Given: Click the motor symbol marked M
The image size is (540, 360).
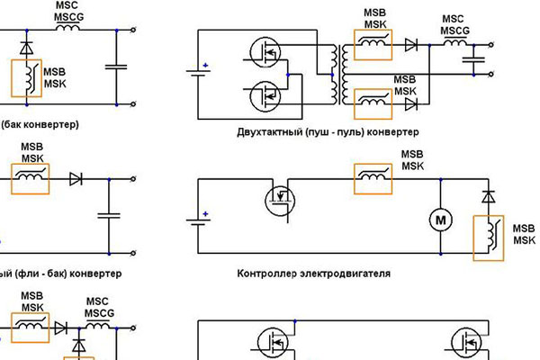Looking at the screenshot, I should point(442,219).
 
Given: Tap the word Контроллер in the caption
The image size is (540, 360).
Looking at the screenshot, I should point(270,273).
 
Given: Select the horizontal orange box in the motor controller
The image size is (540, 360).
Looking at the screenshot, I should point(372,179).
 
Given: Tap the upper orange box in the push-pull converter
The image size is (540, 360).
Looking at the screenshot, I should point(373,42).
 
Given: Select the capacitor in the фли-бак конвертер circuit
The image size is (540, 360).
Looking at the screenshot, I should point(109,215).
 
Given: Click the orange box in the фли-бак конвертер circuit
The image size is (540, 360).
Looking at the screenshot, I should point(30,179).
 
